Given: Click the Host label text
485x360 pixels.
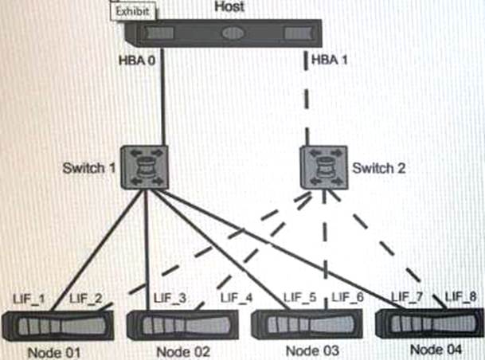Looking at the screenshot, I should click(231, 7).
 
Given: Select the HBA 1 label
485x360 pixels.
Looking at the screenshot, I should click(327, 60).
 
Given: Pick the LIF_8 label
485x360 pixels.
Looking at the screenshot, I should click(461, 298).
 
